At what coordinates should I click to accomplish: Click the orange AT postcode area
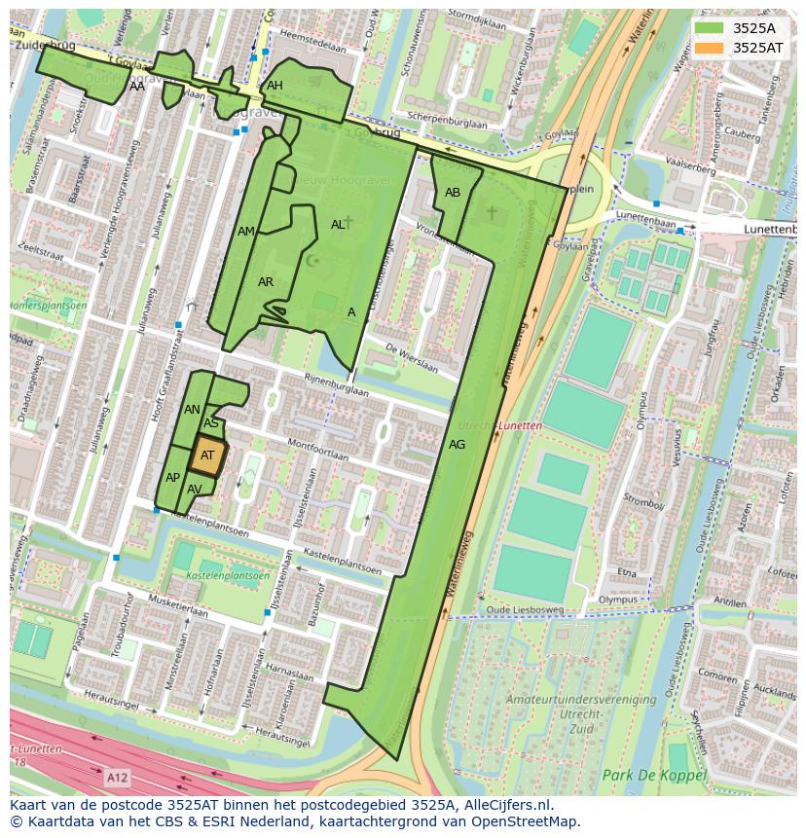207,455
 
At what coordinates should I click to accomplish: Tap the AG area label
457,445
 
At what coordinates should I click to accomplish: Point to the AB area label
453,193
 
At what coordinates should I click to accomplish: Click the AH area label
275,86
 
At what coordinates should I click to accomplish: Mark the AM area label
246,232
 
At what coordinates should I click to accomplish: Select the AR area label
266,282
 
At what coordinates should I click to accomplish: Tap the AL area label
338,225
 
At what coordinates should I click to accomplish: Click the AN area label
192,410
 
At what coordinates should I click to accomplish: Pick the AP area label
172,478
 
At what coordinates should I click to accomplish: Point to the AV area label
195,490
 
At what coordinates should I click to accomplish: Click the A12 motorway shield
116,778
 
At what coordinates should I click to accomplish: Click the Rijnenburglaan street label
336,384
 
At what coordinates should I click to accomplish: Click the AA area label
137,87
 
